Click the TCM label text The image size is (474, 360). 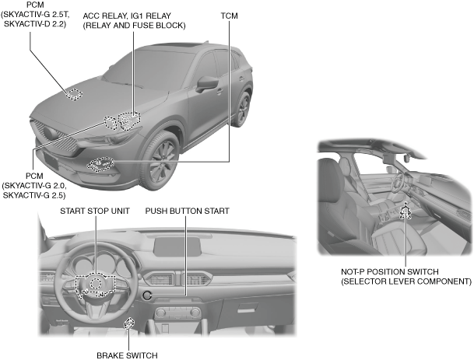[x=229, y=15]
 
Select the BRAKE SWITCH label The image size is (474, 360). [x=127, y=355]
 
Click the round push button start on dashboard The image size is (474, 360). [x=146, y=294]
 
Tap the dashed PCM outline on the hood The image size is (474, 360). [x=73, y=95]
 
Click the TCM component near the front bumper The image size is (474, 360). [x=100, y=163]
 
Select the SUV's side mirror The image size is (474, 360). [x=208, y=83]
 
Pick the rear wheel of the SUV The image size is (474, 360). [x=245, y=112]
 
